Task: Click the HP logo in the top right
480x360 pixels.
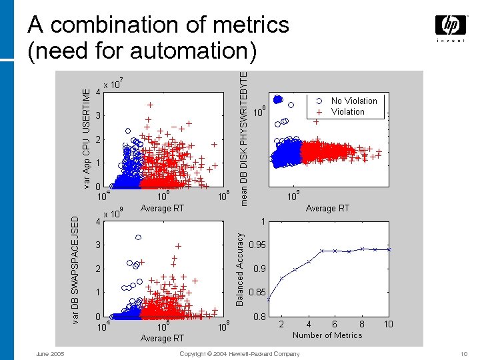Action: click(451, 26)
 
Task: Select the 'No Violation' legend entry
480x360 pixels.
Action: click(354, 101)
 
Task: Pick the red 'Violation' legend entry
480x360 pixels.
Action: click(347, 112)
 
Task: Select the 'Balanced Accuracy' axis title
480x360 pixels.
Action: click(240, 269)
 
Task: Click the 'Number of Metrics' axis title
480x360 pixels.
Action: click(327, 335)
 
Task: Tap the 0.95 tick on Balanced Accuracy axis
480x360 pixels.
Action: click(257, 245)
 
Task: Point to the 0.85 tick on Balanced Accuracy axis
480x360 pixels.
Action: click(257, 293)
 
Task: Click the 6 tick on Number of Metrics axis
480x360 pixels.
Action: click(335, 324)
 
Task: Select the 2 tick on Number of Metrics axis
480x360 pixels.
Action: click(281, 324)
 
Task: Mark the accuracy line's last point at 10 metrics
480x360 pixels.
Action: click(389, 249)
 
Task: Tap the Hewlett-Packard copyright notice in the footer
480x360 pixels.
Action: click(239, 353)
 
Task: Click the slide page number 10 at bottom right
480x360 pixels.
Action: click(465, 353)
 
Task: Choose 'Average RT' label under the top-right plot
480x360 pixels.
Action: click(327, 209)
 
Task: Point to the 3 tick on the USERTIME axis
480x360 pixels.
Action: click(98, 116)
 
